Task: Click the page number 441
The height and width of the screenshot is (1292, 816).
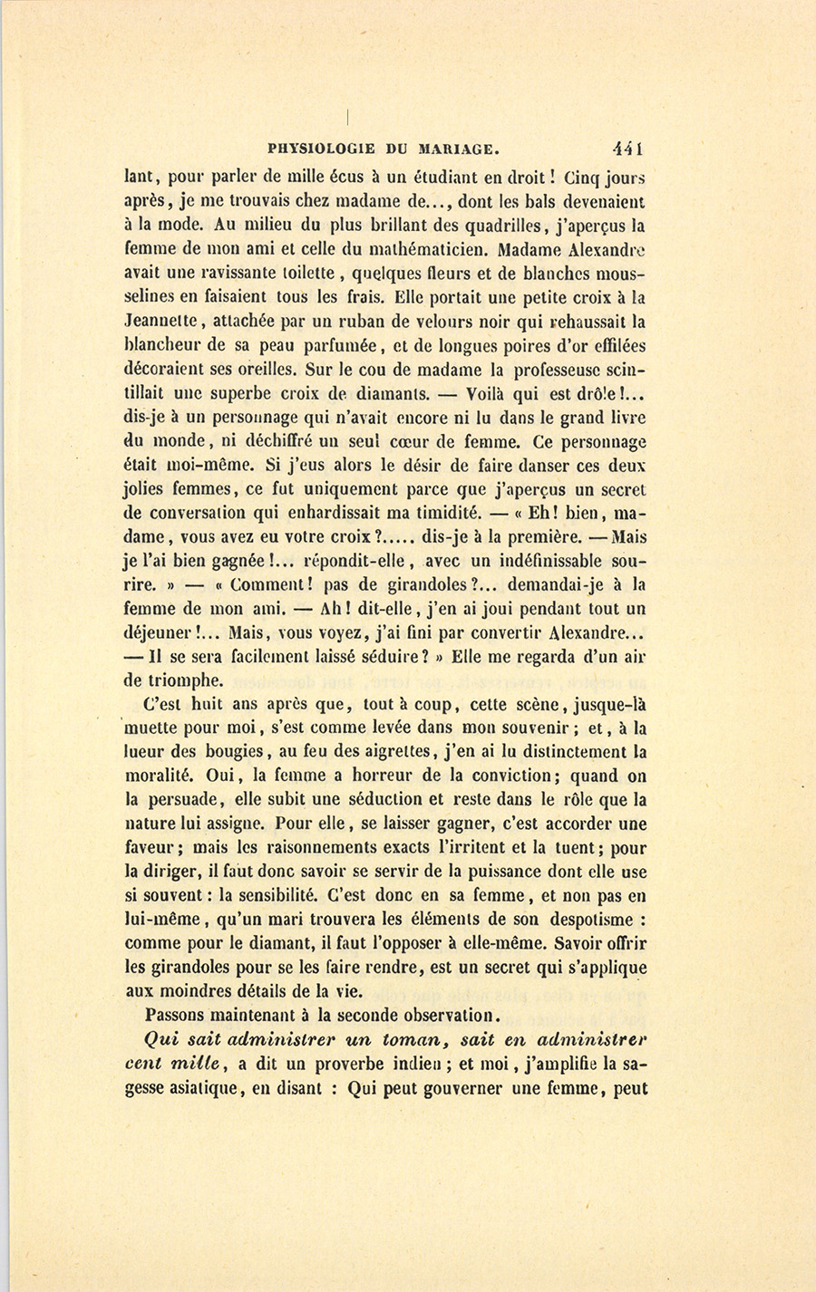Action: click(627, 149)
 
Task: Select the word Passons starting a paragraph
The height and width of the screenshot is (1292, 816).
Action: click(176, 1015)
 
